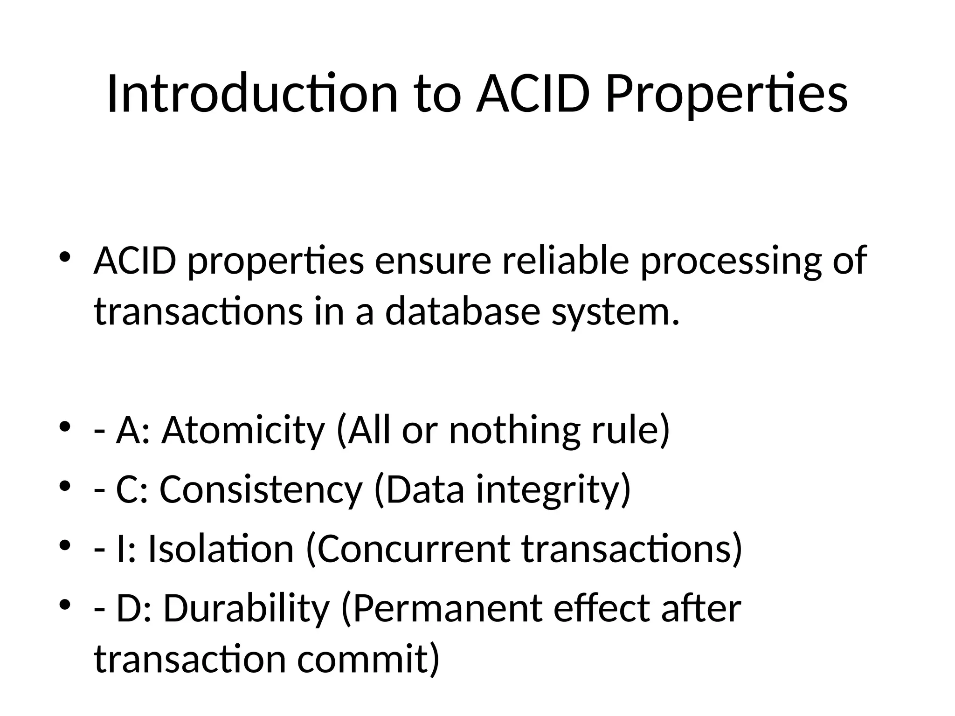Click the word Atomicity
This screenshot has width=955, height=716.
click(243, 430)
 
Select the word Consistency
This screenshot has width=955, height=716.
click(261, 489)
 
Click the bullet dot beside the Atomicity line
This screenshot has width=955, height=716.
click(65, 427)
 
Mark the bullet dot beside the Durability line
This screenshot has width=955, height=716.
click(65, 605)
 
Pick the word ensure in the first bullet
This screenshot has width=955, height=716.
click(433, 261)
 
